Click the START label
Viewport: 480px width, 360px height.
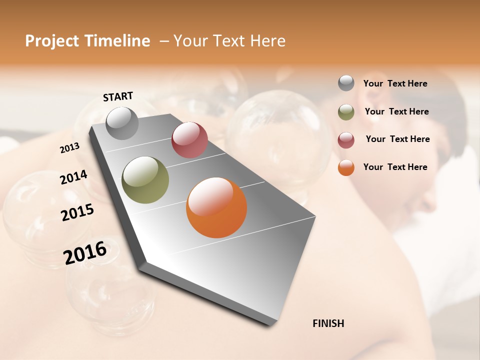tap(118, 96)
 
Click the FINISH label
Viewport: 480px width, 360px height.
tap(328, 323)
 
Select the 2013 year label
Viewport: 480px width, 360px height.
tap(70, 147)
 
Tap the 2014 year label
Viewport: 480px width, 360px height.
tap(73, 177)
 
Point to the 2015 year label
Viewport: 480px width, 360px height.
tap(77, 212)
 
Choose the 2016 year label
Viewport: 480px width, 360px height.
tap(85, 253)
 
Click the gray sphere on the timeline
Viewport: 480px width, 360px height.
tap(122, 123)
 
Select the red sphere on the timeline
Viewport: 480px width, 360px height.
tap(189, 140)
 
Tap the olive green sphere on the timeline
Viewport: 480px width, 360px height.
tap(145, 180)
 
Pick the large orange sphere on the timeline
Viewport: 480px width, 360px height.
tap(216, 207)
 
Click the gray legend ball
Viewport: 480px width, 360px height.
tap(346, 83)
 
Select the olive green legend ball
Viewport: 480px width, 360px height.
tap(346, 112)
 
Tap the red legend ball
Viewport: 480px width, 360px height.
tap(346, 139)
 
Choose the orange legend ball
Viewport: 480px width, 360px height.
tap(346, 167)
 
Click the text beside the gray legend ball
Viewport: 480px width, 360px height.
tap(395, 84)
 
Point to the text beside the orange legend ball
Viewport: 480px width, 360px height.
tap(395, 167)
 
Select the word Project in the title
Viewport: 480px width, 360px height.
tap(52, 41)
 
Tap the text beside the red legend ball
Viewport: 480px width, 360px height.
tap(397, 139)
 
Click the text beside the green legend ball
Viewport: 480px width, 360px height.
tap(396, 111)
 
